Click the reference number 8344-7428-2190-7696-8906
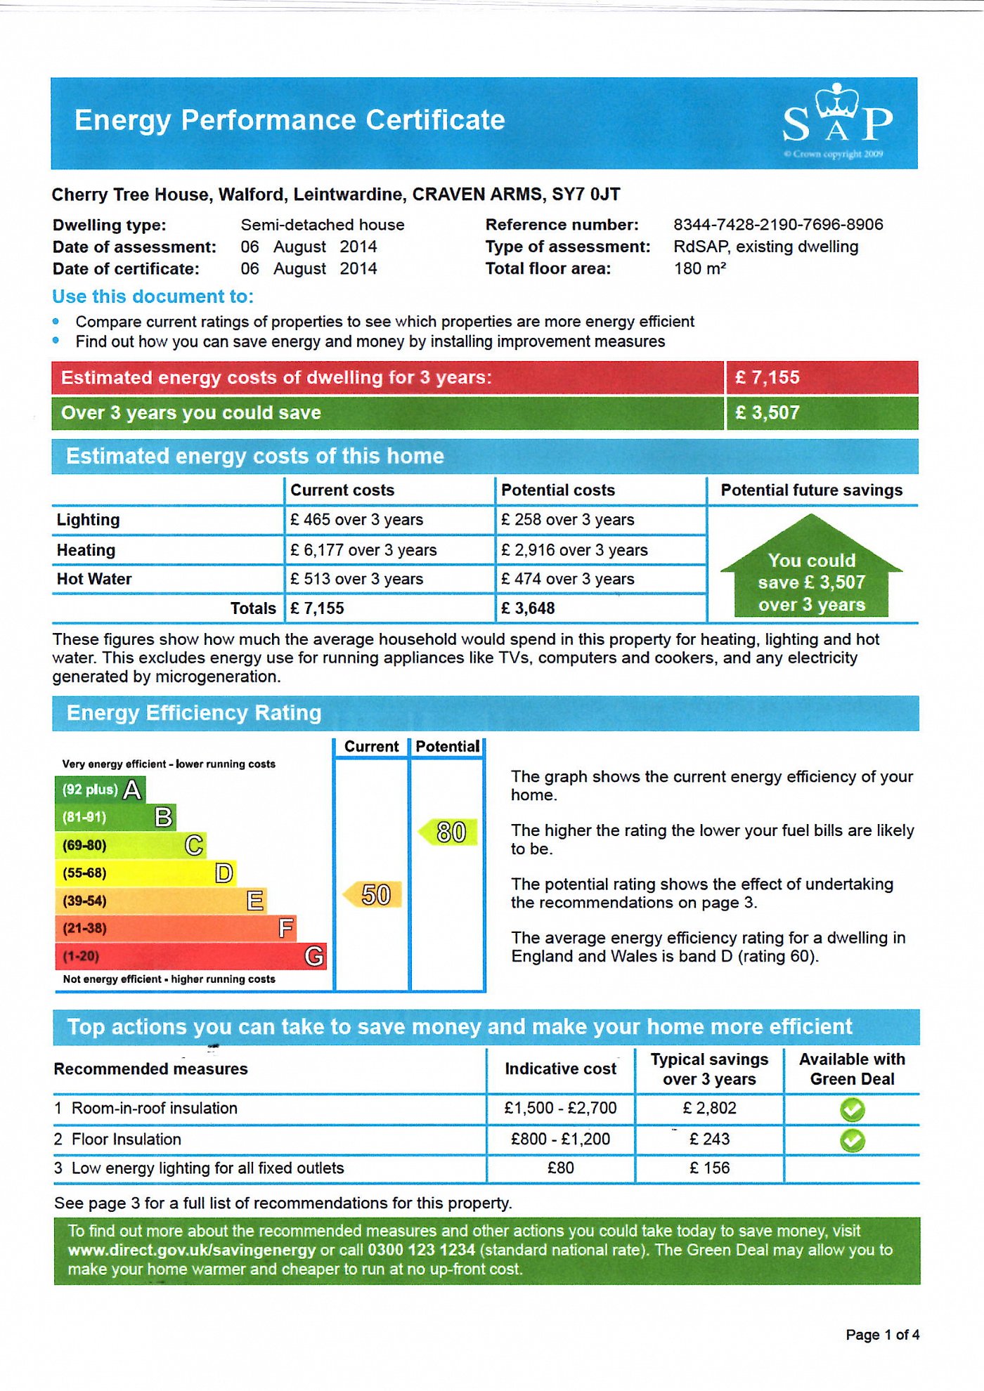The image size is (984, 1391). pos(778,225)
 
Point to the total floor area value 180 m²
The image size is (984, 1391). pos(699,268)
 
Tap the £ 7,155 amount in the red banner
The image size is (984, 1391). pos(768,378)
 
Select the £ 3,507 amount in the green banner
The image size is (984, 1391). pos(768,413)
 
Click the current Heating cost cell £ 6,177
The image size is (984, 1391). pos(363,550)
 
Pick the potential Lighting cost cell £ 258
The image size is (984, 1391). pos(567,520)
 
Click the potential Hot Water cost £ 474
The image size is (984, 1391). pos(567,579)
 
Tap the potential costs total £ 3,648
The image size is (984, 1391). pos(528,608)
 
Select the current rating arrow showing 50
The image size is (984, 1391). pos(373,895)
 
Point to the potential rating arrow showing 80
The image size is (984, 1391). pos(449,832)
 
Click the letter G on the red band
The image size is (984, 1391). pos(314,956)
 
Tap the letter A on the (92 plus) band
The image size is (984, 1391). pos(132,790)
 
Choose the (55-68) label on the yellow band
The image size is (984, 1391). pos(84,873)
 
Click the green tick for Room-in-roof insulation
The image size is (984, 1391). pos(852,1110)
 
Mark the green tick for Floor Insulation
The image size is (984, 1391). pos(852,1140)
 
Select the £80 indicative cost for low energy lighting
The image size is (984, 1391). pos(560,1168)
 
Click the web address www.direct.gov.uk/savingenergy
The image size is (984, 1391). pos(192,1250)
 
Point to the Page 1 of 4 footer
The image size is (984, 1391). pos(882,1335)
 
